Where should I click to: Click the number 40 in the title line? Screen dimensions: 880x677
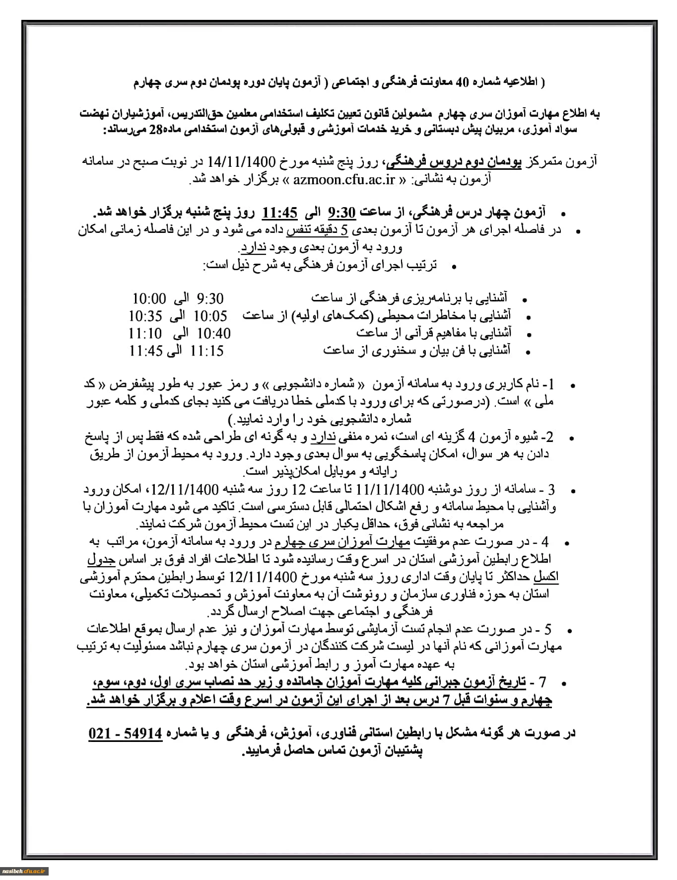coord(461,83)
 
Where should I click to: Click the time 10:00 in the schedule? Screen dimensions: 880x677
coord(149,298)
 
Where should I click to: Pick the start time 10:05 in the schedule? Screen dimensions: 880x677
coord(210,316)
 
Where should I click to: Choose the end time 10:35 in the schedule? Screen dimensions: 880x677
coord(145,316)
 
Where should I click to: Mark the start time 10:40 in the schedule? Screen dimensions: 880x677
coord(214,333)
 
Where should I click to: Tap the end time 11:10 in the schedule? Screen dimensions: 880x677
coord(145,333)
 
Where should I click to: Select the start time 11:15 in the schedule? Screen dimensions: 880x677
coord(206,351)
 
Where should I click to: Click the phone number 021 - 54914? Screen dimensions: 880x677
coord(126,733)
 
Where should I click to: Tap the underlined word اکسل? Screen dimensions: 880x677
coord(546,577)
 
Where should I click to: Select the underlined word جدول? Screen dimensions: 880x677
coord(101,559)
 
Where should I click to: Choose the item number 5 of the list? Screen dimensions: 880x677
coord(547,630)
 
